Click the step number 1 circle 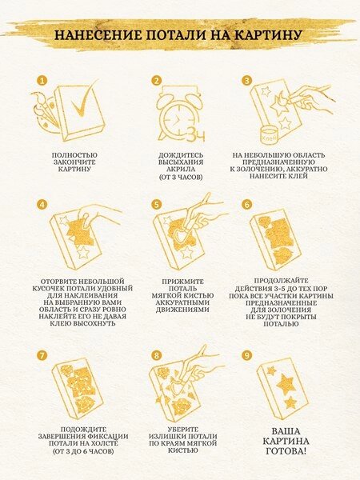(x=42, y=81)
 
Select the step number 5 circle (x=157, y=204)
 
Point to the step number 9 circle (x=246, y=354)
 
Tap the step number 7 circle (x=42, y=355)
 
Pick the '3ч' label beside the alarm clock (x=196, y=134)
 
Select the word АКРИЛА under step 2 (x=181, y=170)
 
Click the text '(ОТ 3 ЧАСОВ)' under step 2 (x=181, y=177)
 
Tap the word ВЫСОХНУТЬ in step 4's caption (x=91, y=323)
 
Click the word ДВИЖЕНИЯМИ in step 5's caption (x=182, y=310)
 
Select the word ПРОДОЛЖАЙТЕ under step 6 (x=281, y=281)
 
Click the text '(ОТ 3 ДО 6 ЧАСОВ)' (x=83, y=451)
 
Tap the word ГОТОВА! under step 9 (x=286, y=451)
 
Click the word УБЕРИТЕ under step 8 (x=183, y=430)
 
